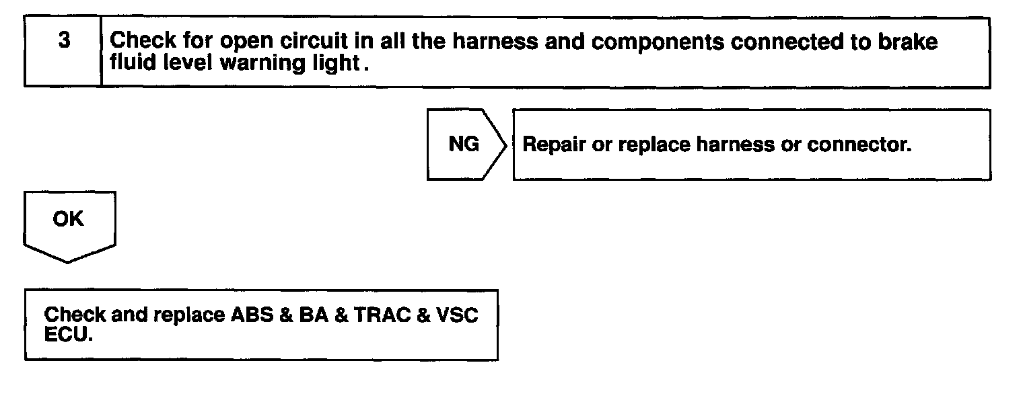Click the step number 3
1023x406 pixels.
click(x=63, y=40)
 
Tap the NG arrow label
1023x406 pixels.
click(x=463, y=145)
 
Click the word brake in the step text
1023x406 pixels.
click(x=909, y=42)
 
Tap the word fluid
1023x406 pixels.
click(x=128, y=63)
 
